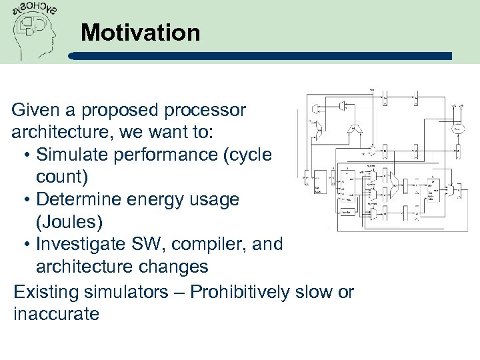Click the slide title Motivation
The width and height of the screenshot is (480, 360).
[x=140, y=33]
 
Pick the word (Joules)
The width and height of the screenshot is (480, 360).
[x=69, y=221]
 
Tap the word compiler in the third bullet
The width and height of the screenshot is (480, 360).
[x=211, y=244]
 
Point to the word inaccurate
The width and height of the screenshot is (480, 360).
[x=56, y=313]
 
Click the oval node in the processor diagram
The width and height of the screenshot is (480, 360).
[x=458, y=129]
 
